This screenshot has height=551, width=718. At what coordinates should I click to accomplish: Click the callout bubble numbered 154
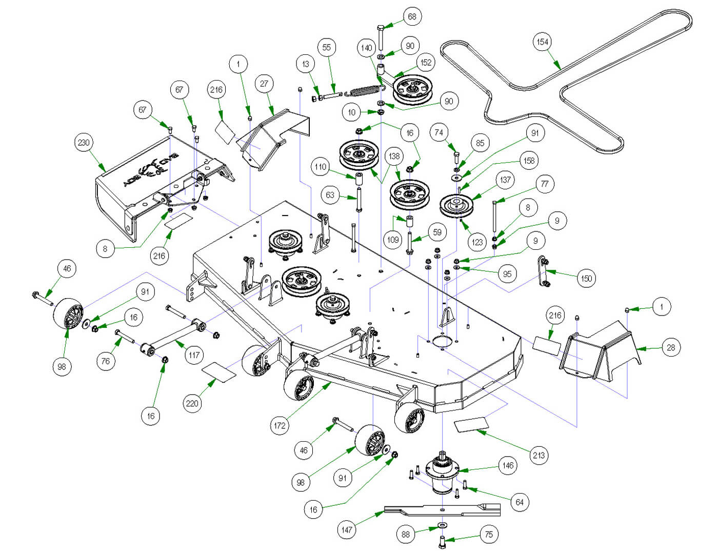tap(543, 42)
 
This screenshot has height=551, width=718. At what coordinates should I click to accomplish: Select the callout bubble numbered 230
tap(84, 143)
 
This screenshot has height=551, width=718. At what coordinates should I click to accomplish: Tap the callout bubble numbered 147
tap(347, 529)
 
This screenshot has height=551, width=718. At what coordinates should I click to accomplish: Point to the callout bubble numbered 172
tap(280, 425)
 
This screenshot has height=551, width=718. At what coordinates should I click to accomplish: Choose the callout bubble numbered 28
tap(671, 347)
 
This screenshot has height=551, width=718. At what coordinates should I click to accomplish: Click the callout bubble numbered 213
tap(539, 455)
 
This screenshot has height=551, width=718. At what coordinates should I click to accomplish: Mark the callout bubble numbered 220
tap(192, 403)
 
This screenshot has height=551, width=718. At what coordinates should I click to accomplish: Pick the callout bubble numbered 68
tap(412, 16)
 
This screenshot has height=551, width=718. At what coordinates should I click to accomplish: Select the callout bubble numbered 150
tap(586, 279)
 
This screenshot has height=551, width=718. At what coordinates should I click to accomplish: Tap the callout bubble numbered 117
tap(194, 355)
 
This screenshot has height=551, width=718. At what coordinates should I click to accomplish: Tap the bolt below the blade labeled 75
tap(443, 540)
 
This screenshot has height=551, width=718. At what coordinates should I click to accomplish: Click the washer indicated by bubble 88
tap(443, 525)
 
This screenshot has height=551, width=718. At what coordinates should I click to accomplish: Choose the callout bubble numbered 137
tap(505, 180)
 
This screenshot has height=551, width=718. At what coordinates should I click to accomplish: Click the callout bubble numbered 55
tap(327, 48)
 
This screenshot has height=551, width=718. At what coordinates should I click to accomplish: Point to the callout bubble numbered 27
tap(264, 84)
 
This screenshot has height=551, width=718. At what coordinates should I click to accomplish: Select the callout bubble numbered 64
tap(520, 502)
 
